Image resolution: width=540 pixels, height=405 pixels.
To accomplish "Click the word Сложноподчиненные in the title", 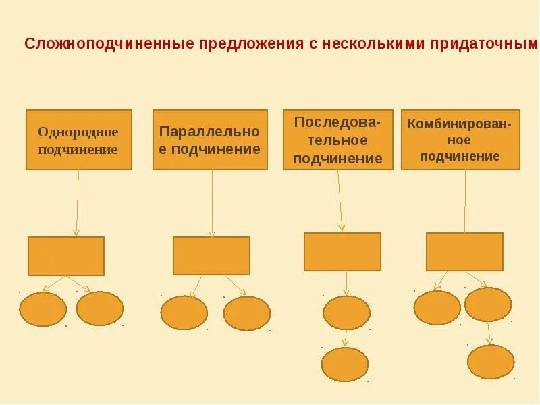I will [x=109, y=44].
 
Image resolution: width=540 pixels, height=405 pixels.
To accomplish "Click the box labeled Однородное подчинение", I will [x=79, y=140].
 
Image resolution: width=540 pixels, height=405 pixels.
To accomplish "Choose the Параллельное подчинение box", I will [x=210, y=140].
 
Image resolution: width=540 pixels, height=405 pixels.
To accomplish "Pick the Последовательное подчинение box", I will [x=337, y=140].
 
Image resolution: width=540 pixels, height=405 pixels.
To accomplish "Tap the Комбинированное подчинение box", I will [x=460, y=140].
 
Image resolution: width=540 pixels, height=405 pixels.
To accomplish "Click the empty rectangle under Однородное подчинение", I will [x=66, y=256].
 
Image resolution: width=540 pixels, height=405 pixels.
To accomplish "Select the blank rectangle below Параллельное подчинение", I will [x=211, y=256].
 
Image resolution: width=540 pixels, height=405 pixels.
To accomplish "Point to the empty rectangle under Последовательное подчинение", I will [x=342, y=252].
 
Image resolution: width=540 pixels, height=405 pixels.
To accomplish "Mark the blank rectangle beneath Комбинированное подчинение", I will [x=464, y=252].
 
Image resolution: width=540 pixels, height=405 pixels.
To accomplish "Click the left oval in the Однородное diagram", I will [x=43, y=309].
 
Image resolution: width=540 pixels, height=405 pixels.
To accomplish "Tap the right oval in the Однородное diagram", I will [x=100, y=308].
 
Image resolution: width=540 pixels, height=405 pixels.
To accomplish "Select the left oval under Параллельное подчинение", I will [x=184, y=313].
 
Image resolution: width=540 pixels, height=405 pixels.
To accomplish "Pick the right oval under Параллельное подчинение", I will [x=247, y=313].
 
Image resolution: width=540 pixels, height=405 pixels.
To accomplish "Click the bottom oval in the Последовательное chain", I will [x=345, y=364].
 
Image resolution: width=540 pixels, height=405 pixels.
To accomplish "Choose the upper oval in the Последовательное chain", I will [x=346, y=313].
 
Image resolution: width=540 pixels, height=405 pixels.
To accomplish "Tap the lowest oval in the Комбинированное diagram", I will [x=491, y=362].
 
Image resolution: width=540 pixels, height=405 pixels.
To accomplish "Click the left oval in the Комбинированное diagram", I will [x=437, y=308].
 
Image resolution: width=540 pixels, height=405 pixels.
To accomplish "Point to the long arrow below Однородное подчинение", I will [x=78, y=202].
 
